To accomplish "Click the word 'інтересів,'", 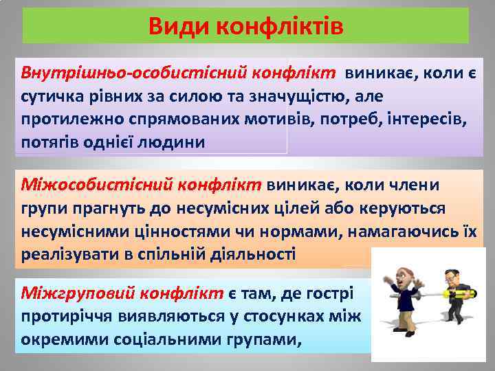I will coord(423,119).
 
